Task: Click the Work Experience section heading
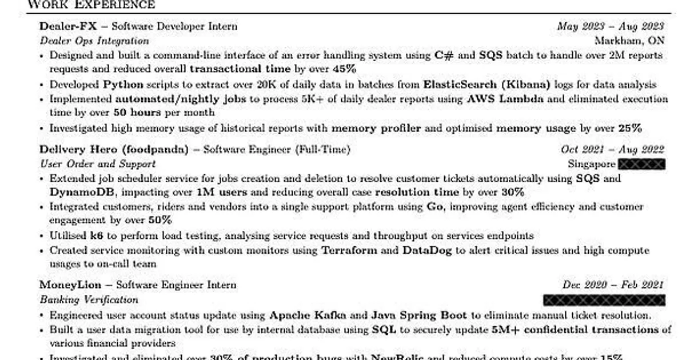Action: click(91, 5)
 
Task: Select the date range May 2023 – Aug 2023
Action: click(611, 26)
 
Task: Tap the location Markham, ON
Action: click(629, 41)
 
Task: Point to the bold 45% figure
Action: click(344, 69)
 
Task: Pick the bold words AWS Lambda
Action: click(505, 99)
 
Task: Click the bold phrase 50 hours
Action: click(137, 113)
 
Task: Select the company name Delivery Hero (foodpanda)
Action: click(114, 150)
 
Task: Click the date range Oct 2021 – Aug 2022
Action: click(612, 150)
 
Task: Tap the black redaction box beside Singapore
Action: click(642, 165)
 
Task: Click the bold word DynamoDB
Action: click(83, 192)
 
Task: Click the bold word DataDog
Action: click(427, 250)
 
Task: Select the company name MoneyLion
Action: click(70, 285)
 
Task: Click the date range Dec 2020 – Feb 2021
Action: click(612, 285)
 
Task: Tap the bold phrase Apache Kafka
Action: click(308, 315)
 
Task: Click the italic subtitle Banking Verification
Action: click(89, 299)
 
